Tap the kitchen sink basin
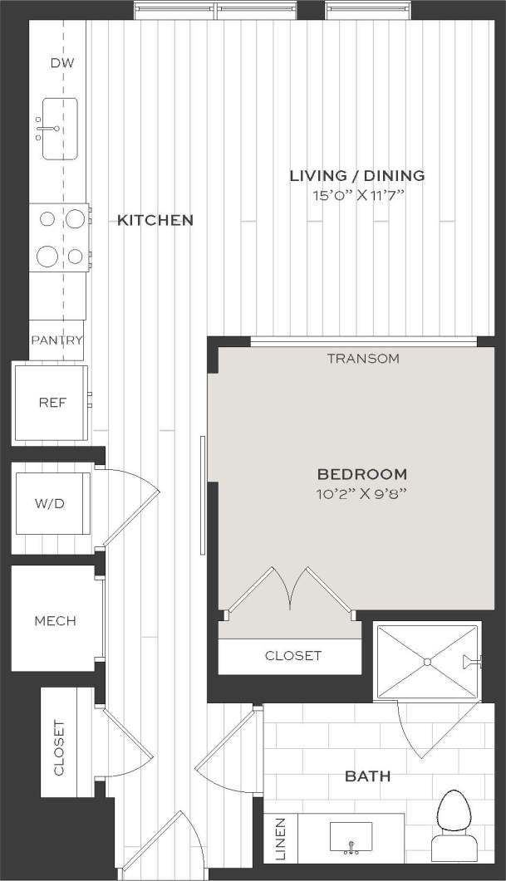coord(60,130)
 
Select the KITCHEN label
coord(155,220)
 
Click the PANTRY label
coord(56,340)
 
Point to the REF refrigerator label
coord(52,403)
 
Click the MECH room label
coord(55,620)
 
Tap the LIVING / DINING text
coord(357,175)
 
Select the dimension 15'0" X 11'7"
coord(357,196)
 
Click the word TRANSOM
coord(363,359)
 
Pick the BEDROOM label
coord(362,474)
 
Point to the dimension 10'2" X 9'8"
coord(362,494)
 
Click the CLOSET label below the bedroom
coord(292,656)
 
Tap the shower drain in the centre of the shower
coord(427,662)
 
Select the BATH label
coord(368,776)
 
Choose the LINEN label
coord(279,839)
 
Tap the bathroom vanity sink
coord(350,837)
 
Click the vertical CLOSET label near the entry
coord(59,747)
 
